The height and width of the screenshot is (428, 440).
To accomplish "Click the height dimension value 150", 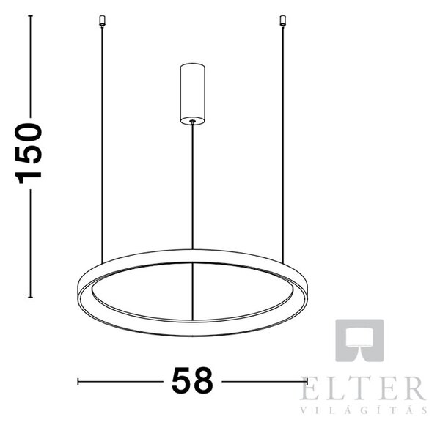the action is pos(28,153).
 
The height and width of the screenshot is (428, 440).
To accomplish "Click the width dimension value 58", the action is pos(192,381).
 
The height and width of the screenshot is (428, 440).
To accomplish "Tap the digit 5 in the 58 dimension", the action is pos(181,381).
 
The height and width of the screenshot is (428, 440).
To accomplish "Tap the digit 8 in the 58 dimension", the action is pos(203,381).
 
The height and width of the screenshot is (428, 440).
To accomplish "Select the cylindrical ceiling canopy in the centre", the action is pos(192,93).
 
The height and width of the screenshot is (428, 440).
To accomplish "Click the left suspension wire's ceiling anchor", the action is pos(102,21).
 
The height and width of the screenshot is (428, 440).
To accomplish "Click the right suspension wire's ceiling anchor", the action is pos(283,21).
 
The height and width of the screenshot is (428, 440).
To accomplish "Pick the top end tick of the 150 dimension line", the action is pos(31,15).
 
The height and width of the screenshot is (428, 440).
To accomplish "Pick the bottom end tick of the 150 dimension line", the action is pos(31,297).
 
